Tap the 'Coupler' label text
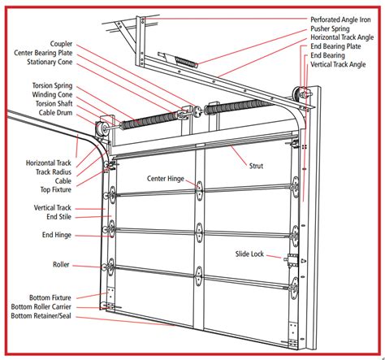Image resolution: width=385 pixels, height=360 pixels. [x=61, y=44]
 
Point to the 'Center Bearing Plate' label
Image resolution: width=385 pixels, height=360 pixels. [x=46, y=54]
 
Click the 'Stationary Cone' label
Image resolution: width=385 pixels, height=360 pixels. [x=53, y=63]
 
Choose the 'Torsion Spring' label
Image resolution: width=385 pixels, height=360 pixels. [x=53, y=85]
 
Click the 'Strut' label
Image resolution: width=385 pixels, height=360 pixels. [x=256, y=166]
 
